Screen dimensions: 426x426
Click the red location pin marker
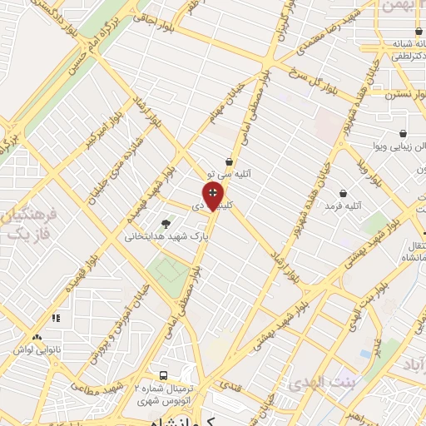click(x=214, y=197)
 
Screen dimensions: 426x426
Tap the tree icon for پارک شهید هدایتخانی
click(x=166, y=223)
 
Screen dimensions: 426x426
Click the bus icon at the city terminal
click(x=163, y=375)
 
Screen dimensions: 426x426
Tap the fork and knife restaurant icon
click(x=57, y=318)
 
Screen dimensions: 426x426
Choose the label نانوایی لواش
click(x=34, y=349)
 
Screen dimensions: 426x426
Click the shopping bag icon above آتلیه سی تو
click(x=229, y=162)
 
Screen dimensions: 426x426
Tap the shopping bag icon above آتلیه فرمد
click(x=343, y=193)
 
